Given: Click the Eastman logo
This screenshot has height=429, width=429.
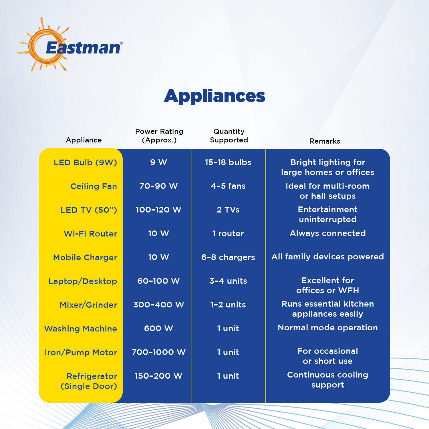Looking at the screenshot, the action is pyautogui.click(x=70, y=44).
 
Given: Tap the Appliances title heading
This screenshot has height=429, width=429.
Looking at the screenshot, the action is pyautogui.click(x=214, y=96).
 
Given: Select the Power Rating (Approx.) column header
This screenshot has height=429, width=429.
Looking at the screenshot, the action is pyautogui.click(x=159, y=136).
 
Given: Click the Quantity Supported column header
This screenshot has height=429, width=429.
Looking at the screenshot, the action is pyautogui.click(x=229, y=136).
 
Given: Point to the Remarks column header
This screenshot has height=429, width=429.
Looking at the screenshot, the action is pyautogui.click(x=325, y=141).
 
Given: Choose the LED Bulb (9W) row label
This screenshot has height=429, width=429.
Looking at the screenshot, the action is pyautogui.click(x=86, y=162).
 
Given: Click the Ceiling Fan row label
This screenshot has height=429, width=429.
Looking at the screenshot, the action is pyautogui.click(x=94, y=186).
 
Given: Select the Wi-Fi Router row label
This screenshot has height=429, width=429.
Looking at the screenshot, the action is pyautogui.click(x=90, y=234).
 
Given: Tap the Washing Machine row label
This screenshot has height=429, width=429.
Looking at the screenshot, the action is pyautogui.click(x=81, y=329).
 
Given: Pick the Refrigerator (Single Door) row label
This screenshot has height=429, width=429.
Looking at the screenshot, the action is pyautogui.click(x=89, y=381).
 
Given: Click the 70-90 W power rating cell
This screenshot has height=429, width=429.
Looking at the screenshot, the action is pyautogui.click(x=158, y=186).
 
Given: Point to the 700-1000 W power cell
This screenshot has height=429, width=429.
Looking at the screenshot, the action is pyautogui.click(x=158, y=352).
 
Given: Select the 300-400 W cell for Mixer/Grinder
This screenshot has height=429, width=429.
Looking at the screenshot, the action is pyautogui.click(x=158, y=305).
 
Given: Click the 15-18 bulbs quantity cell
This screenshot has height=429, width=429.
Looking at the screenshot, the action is pyautogui.click(x=228, y=162).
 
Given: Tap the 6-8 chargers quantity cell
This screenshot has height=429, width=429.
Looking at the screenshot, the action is pyautogui.click(x=228, y=257).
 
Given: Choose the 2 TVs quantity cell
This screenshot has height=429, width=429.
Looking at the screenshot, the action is pyautogui.click(x=228, y=210).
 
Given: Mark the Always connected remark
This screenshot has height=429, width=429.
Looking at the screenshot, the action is pyautogui.click(x=328, y=233).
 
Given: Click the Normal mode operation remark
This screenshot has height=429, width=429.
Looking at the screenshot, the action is pyautogui.click(x=328, y=327).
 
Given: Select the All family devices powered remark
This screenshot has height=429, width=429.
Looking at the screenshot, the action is pyautogui.click(x=328, y=257).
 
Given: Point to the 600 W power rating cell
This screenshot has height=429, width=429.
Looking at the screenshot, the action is pyautogui.click(x=158, y=328).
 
